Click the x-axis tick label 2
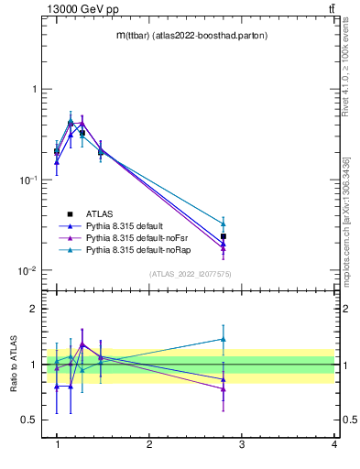pyautogui.click(x=149, y=444)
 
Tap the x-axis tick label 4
pyautogui.click(x=333, y=444)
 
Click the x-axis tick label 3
pyautogui.click(x=242, y=444)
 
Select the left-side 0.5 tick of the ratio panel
pyautogui.click(x=30, y=420)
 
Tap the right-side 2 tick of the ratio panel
pyautogui.click(x=345, y=310)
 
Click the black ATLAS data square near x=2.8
pyautogui.click(x=224, y=236)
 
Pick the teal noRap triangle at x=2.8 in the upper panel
pyautogui.click(x=224, y=224)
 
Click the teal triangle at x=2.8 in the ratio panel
pyautogui.click(x=224, y=339)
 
